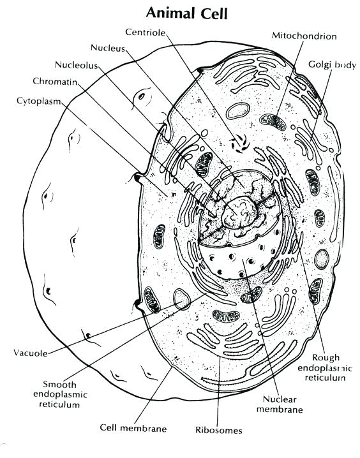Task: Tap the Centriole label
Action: coord(146,32)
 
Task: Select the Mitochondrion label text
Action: coord(304,36)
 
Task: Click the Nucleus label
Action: coord(109,48)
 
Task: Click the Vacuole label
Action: coord(29,351)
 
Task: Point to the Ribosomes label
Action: coord(220,430)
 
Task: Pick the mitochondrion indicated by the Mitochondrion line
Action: coord(273,121)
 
